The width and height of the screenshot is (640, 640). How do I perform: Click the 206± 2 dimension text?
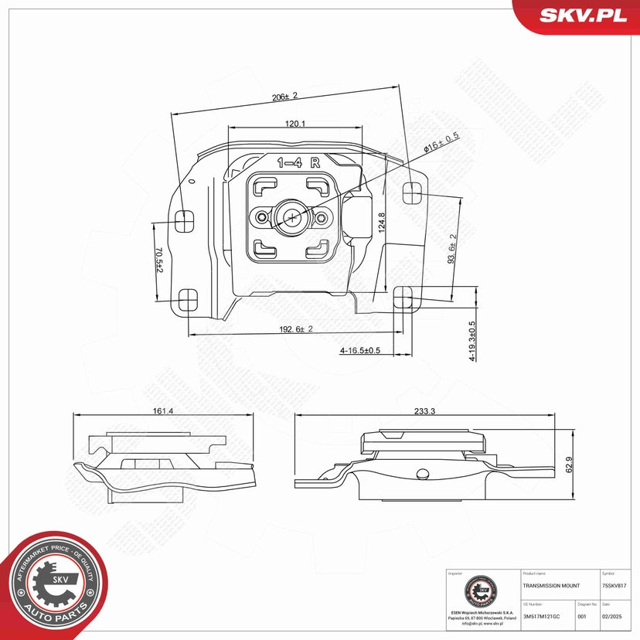coord(284,97)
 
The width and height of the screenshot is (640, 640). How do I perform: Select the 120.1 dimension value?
coord(295,124)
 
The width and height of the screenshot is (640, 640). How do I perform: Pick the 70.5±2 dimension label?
coord(158,260)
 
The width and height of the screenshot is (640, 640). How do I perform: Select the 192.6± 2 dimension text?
coord(294,329)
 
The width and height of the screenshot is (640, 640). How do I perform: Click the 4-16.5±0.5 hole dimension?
coord(360,350)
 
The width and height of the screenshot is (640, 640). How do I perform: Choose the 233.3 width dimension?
coord(424,410)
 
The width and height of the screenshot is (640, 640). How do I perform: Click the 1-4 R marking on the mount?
coord(298,162)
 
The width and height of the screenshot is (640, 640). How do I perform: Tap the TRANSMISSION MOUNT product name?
coord(550,586)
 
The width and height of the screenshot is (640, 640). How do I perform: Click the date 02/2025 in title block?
coord(613,616)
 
